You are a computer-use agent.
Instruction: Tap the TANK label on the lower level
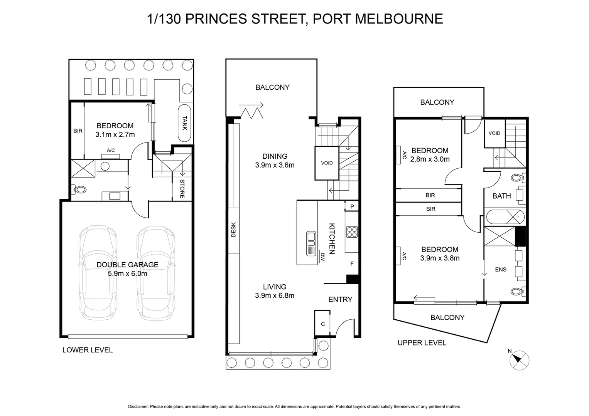(185, 123)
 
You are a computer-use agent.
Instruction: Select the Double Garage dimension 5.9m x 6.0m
(127, 274)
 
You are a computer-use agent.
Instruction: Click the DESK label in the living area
(233, 230)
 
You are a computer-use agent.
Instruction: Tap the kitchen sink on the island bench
(311, 243)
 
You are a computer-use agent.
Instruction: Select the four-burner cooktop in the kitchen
(352, 232)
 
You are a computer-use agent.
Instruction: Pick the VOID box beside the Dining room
(327, 163)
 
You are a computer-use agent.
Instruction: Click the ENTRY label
(340, 299)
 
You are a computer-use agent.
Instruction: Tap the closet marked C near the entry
(323, 324)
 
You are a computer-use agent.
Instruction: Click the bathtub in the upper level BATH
(505, 217)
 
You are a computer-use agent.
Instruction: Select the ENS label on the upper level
(500, 270)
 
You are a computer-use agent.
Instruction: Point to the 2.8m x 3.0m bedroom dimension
(430, 159)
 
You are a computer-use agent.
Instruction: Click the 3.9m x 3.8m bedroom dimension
(440, 258)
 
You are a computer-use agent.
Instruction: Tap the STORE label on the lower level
(182, 189)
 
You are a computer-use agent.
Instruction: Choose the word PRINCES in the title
(218, 19)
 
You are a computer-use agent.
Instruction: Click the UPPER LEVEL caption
(422, 343)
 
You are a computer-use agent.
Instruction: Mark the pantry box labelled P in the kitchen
(352, 206)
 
